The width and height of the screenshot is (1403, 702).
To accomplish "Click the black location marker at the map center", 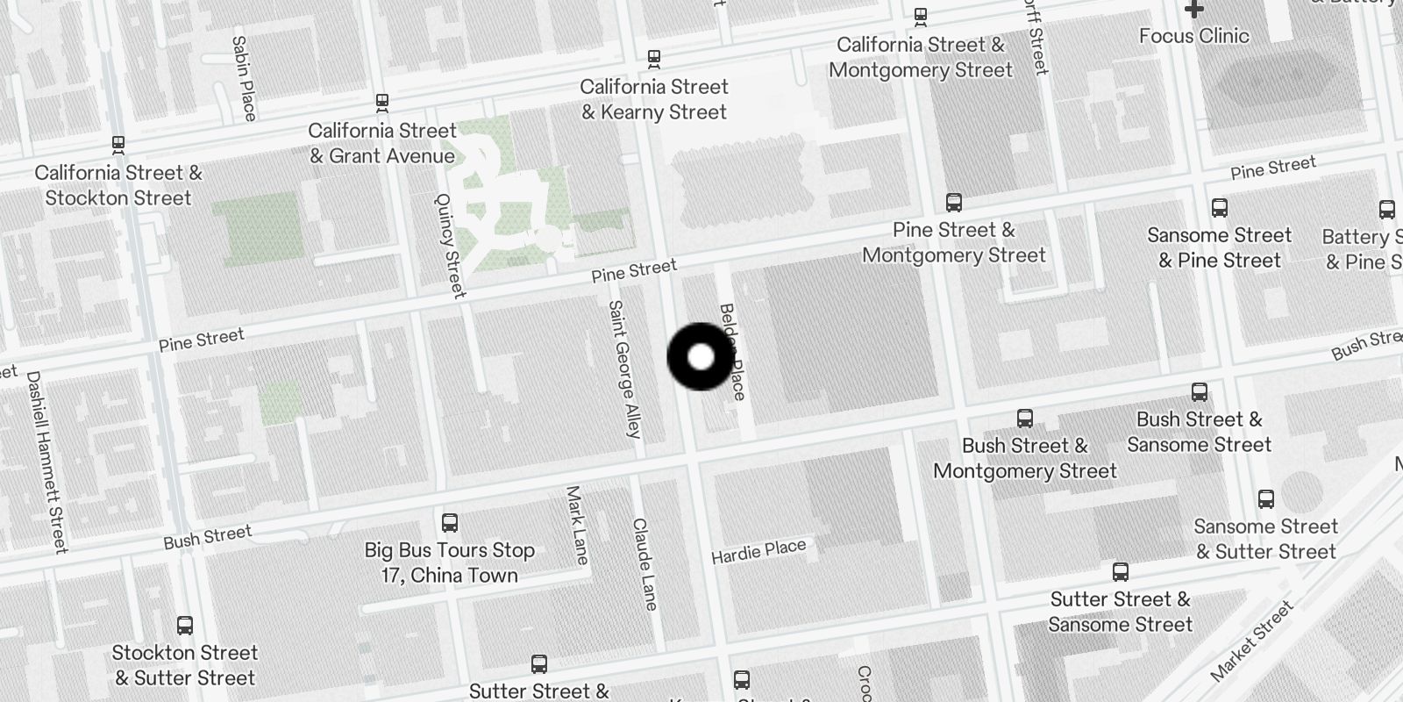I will [701, 357].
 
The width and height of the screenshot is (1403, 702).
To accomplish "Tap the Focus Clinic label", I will [1193, 36].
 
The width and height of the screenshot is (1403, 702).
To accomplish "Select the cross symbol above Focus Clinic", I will [1193, 9].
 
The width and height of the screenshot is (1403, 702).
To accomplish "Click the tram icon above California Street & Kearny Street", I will [653, 59].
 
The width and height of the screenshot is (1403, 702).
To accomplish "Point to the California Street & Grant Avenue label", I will [382, 143].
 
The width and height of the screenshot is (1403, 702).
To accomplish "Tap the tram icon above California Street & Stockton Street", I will [118, 144].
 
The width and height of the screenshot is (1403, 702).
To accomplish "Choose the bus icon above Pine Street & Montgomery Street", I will [954, 203].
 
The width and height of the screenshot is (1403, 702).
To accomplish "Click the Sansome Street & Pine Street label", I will [1219, 247].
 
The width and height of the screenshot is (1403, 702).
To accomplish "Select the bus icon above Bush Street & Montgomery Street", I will [1024, 419].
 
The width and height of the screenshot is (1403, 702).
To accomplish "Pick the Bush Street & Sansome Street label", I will [1199, 432].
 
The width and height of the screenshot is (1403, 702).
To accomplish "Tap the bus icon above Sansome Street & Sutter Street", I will [1265, 499].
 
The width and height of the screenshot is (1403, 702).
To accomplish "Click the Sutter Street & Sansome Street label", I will [1120, 612].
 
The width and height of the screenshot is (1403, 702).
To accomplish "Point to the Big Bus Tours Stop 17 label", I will [450, 562].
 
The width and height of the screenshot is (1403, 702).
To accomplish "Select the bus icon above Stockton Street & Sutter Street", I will [184, 626].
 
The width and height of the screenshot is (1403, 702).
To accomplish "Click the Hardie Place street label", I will [758, 551].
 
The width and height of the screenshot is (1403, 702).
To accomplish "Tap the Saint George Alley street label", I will [624, 369].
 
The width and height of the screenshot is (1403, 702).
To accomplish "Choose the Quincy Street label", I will [450, 245].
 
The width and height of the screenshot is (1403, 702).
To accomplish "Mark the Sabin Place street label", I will [245, 78].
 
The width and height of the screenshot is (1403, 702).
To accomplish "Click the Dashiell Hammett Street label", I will [46, 462].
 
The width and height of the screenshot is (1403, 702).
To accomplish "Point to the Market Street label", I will [1251, 641].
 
